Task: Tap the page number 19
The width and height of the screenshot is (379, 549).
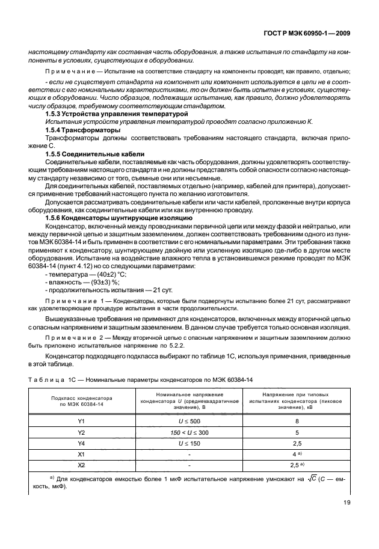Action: [x=346, y=520]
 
